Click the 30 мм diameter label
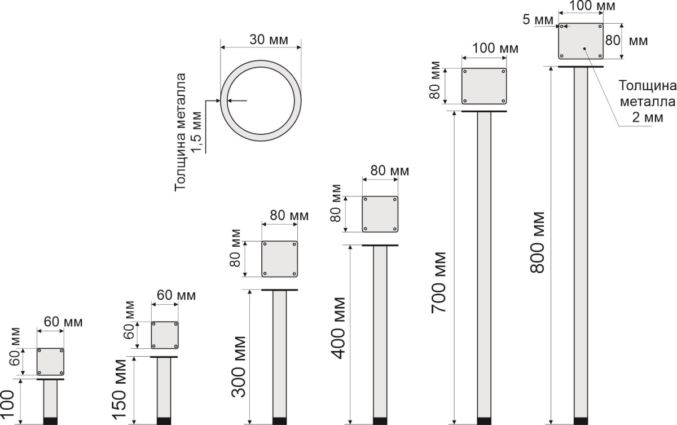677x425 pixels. click(x=269, y=40)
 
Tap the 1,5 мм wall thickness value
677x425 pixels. click(x=196, y=132)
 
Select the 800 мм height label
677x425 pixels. click(x=538, y=243)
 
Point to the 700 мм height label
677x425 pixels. click(x=439, y=283)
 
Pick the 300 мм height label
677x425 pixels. click(x=239, y=367)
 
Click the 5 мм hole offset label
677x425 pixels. click(x=538, y=20)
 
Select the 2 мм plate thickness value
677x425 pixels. click(x=648, y=117)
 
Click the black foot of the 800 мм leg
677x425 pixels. click(x=581, y=421)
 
